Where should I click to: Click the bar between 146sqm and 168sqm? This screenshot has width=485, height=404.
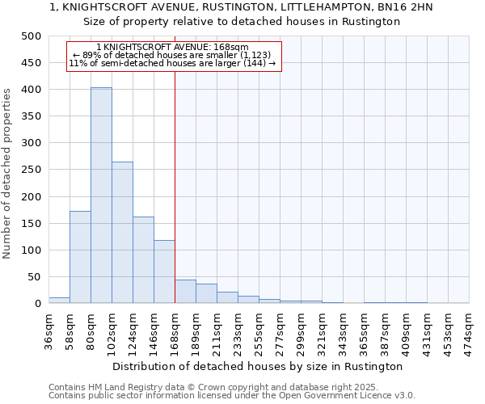pos(164,271)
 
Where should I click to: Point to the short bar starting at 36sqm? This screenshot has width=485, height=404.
pos(59,301)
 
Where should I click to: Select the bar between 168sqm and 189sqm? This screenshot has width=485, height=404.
pos(185,292)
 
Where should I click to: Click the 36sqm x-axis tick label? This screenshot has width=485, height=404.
pos(49,330)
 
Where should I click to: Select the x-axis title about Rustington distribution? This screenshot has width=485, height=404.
pos(258,366)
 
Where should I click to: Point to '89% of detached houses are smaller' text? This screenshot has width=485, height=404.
pos(171,55)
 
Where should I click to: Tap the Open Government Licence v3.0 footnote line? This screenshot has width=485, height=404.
pos(231,395)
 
